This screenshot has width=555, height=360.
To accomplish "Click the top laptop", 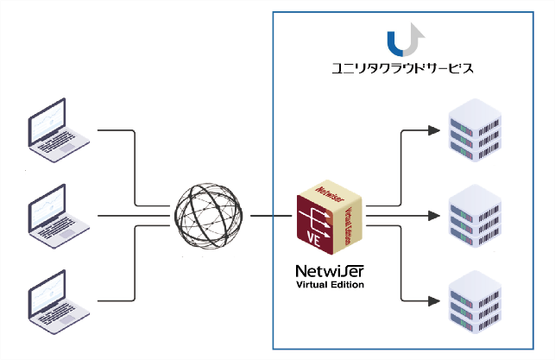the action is (x=59, y=130).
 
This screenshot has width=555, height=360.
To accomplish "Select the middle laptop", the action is (x=59, y=217).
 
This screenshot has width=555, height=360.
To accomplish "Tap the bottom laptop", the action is (x=59, y=302).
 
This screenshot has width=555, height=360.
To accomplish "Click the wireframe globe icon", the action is (x=209, y=216).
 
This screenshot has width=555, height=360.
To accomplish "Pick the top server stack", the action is (x=475, y=130).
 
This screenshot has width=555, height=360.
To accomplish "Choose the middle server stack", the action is (x=475, y=216).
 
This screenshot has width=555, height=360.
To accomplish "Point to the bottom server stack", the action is (x=475, y=301).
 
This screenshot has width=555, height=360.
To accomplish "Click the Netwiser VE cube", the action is (x=329, y=217).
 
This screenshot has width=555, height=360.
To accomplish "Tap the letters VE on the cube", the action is (x=313, y=240).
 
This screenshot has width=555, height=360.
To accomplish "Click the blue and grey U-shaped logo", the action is (x=406, y=40).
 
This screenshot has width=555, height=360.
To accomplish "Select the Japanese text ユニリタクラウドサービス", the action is (x=402, y=67).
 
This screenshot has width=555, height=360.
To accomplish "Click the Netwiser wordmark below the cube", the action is (x=330, y=271).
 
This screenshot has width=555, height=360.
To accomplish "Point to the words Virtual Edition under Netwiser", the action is (x=330, y=285).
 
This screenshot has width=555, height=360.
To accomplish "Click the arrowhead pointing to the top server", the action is (x=434, y=130).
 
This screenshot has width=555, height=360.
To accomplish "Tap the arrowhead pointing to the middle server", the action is (x=434, y=216).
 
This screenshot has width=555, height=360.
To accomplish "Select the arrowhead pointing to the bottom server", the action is (x=434, y=301).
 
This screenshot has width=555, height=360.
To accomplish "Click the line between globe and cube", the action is (x=271, y=216).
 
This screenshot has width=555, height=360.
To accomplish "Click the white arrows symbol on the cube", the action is (x=315, y=222).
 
